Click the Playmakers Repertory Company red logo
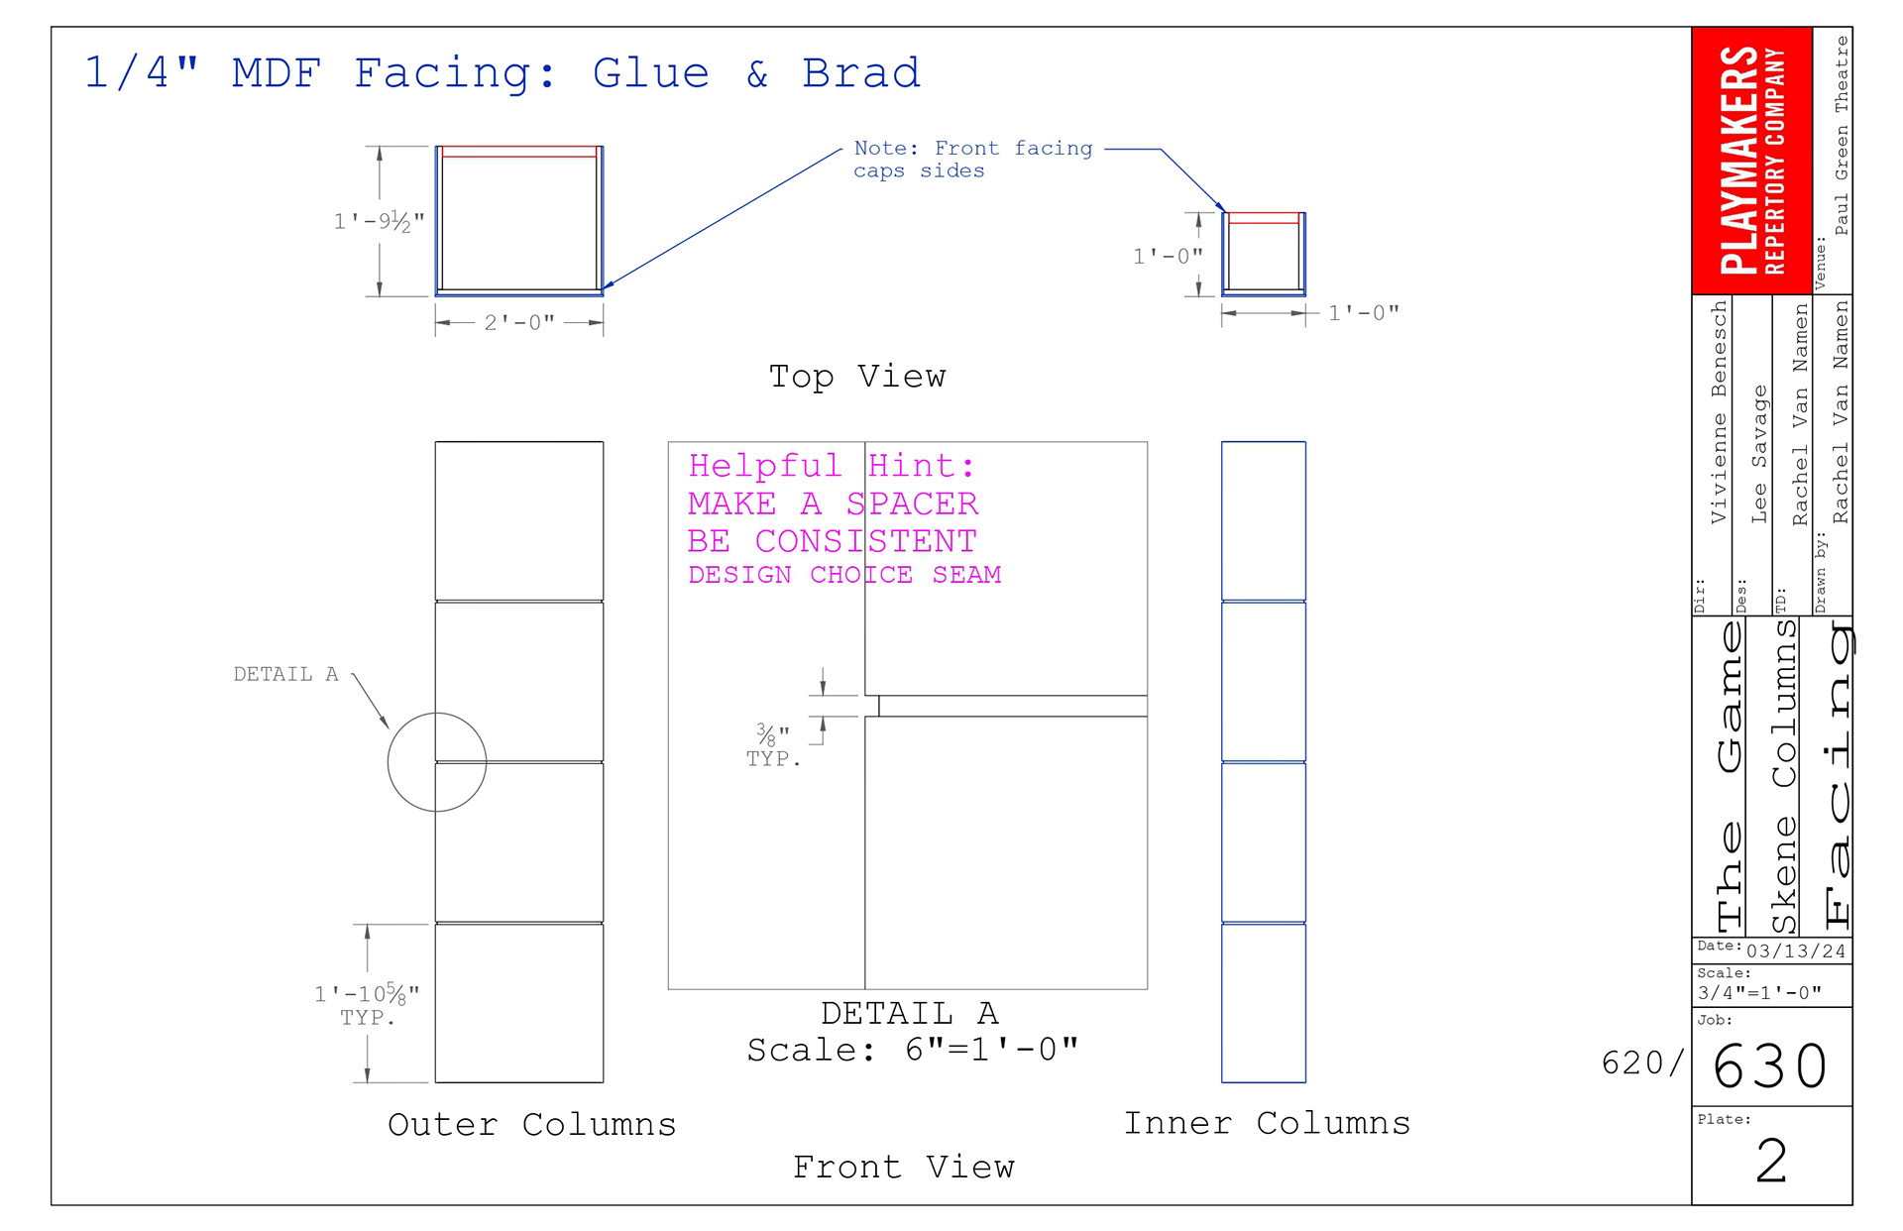1751,161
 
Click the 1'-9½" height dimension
379,221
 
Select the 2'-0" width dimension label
518,323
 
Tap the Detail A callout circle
436,762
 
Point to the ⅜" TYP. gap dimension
772,745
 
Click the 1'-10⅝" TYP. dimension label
367,1003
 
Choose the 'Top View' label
857,377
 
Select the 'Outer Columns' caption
531,1124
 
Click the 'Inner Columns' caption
1267,1123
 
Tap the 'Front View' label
903,1168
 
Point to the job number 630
1770,1066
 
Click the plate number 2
1771,1161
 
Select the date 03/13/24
1795,951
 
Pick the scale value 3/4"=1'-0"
1759,993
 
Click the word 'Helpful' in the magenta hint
764,465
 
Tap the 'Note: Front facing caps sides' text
971,160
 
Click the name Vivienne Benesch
1719,412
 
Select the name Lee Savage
1759,454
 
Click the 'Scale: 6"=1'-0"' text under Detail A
912,1050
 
